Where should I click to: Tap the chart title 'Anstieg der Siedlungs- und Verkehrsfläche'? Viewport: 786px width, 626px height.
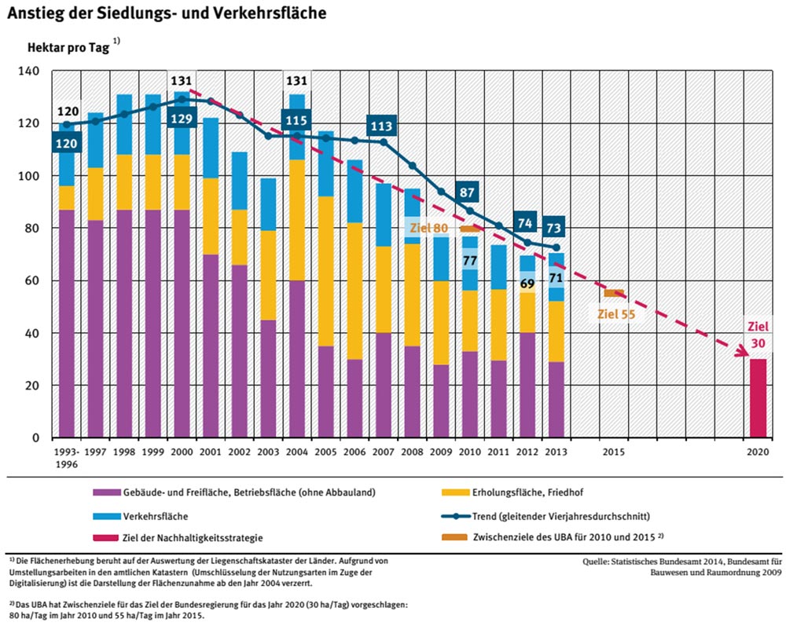point(167,13)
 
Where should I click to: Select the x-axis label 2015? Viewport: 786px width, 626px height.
point(614,452)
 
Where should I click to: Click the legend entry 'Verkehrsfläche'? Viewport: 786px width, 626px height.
point(157,516)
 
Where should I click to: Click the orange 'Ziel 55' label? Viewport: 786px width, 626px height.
point(615,314)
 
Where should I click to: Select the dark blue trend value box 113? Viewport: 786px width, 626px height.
point(381,126)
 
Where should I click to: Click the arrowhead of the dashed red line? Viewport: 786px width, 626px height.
point(740,354)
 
